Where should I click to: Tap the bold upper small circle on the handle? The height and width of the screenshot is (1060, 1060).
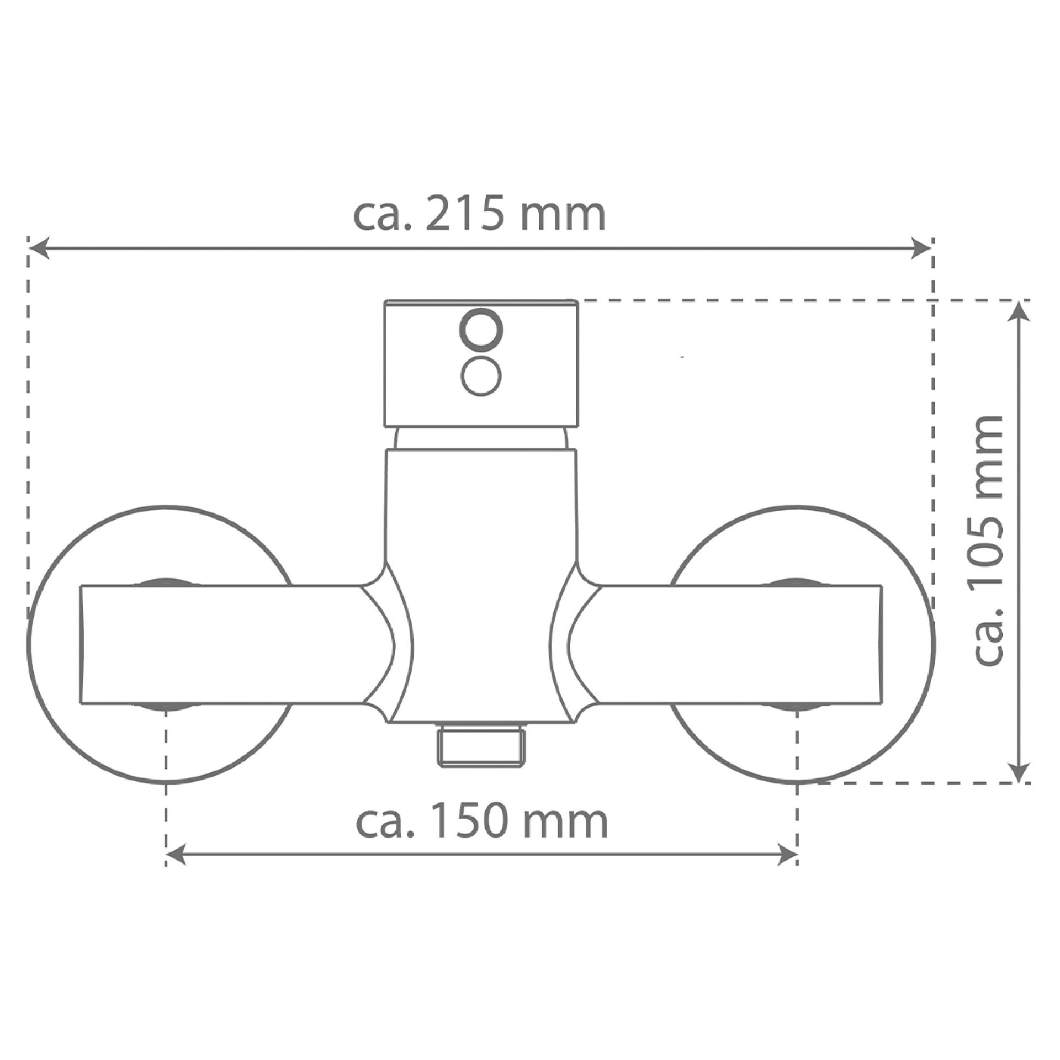[482, 330]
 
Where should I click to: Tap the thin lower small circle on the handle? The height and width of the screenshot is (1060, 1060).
[481, 376]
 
